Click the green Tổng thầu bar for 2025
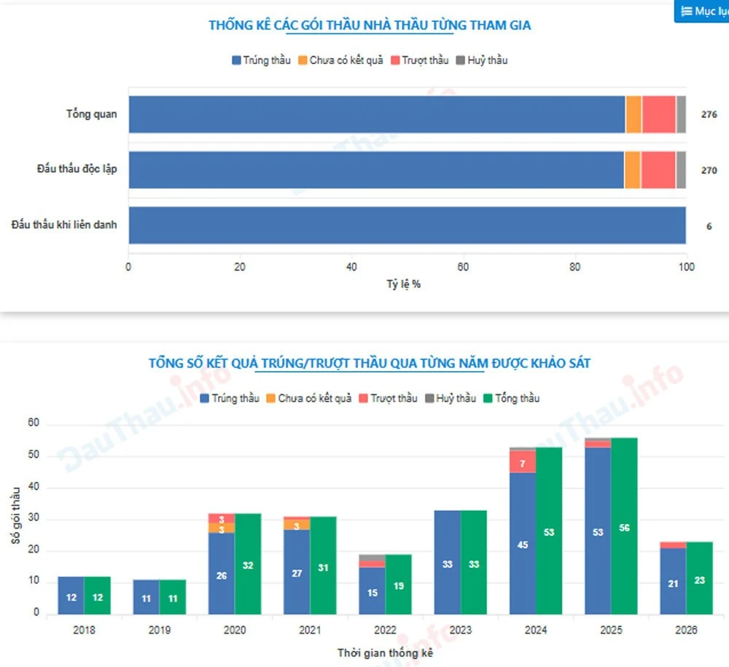coord(624,526)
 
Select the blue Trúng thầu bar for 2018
coord(71,596)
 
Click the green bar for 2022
coord(399,585)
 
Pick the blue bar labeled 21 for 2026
coord(673,581)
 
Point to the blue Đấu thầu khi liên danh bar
coord(408,225)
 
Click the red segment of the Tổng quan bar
coord(659,114)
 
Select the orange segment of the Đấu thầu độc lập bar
coord(632,170)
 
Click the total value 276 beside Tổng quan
coord(709,114)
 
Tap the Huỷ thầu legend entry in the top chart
coord(482,61)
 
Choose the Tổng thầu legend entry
coord(512,398)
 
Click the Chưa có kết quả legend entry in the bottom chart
coord(308,398)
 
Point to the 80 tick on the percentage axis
coord(574,267)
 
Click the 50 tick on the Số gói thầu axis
coord(34,455)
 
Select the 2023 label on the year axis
coord(460,630)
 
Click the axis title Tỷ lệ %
coord(404,284)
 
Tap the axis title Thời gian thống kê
coord(385,653)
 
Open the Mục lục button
coord(701,11)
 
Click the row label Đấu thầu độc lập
coord(77,168)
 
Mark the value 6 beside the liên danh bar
coord(709,227)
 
